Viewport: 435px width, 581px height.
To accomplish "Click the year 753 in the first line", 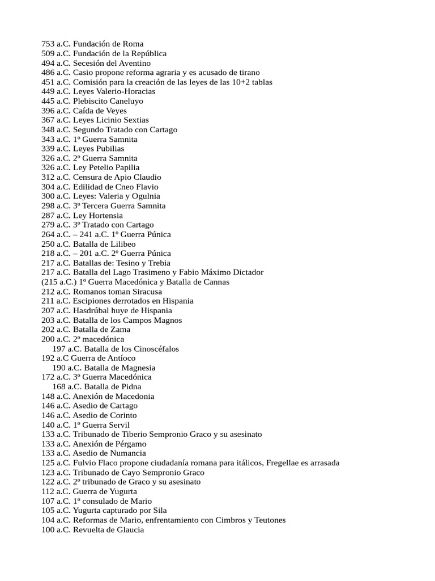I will pyautogui.click(x=48, y=44).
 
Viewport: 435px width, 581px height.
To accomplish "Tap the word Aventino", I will pyautogui.click(x=133, y=63).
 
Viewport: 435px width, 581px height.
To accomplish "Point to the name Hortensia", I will pyautogui.click(x=105, y=216).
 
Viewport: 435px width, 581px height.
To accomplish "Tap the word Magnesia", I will pyautogui.click(x=135, y=368).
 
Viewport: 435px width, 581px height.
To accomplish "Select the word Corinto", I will pyautogui.click(x=121, y=415).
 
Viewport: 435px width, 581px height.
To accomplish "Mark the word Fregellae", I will pyautogui.click(x=285, y=463).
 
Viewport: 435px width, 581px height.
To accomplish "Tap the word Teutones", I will pyautogui.click(x=267, y=520).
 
